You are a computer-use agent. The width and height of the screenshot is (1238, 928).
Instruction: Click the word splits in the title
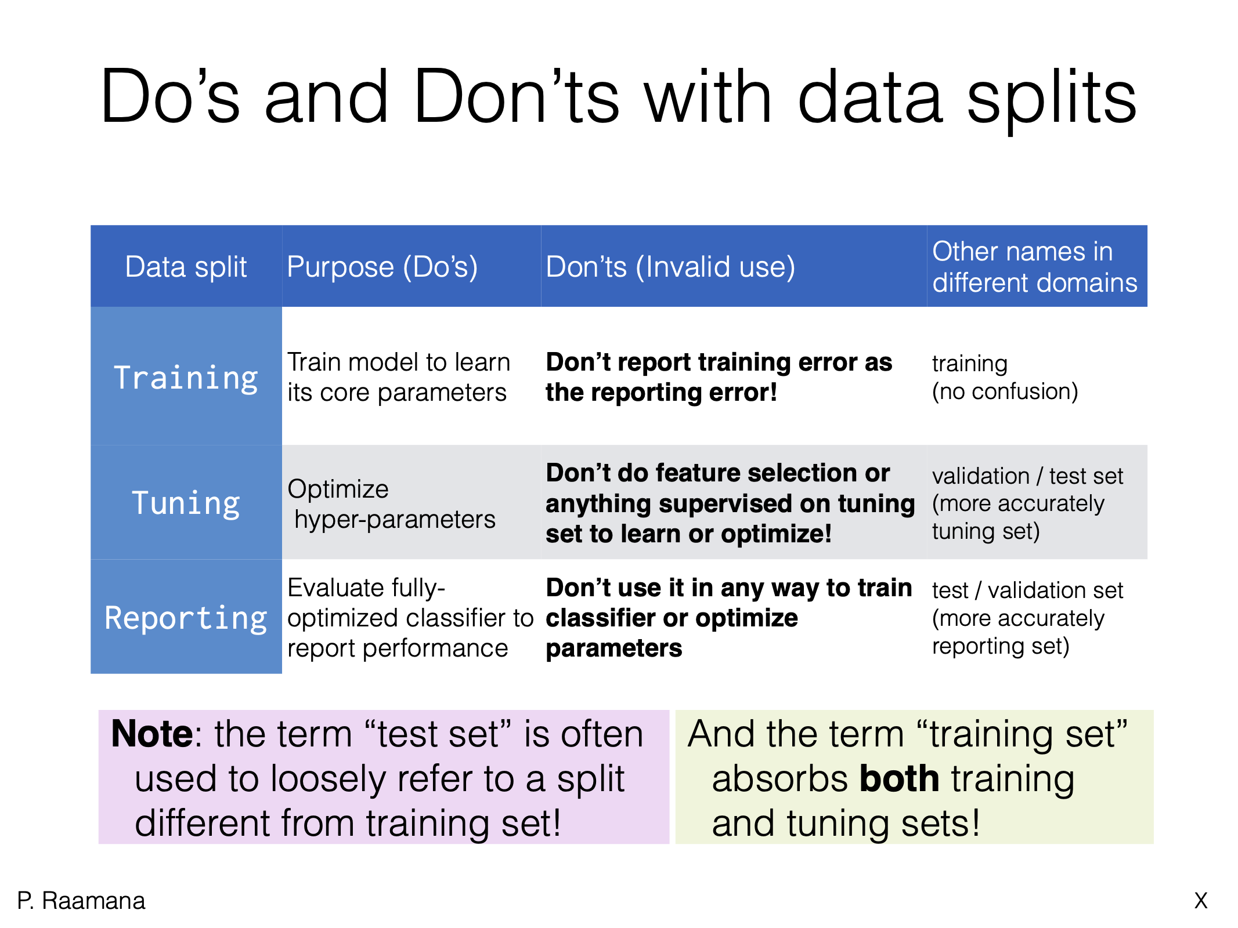1051,97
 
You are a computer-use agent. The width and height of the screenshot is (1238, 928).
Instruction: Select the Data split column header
186,267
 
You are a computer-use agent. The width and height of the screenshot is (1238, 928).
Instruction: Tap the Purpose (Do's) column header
382,267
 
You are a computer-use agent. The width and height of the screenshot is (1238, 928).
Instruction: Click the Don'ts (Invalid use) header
670,267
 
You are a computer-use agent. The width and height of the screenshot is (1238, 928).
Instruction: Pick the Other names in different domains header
1034,267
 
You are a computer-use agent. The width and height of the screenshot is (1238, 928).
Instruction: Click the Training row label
186,378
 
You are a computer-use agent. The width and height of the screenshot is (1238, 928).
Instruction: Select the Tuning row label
186,503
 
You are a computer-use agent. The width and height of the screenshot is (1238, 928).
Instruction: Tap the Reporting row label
186,618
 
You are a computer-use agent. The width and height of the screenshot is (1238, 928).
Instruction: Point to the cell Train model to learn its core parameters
398,377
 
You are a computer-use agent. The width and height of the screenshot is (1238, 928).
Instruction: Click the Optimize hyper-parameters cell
392,504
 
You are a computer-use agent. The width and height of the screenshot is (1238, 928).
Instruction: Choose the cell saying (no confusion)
1005,391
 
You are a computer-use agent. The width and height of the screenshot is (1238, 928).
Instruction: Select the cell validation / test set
1027,476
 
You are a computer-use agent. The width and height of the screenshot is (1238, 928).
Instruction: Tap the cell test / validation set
1027,590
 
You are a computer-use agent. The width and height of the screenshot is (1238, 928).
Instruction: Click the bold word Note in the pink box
151,734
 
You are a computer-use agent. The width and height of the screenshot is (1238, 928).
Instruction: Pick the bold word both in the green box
899,778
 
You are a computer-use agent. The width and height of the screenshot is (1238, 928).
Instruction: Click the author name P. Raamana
81,901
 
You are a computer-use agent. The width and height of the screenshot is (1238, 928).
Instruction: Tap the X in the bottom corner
1201,901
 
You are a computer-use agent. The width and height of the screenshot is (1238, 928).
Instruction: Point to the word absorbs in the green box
779,778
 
